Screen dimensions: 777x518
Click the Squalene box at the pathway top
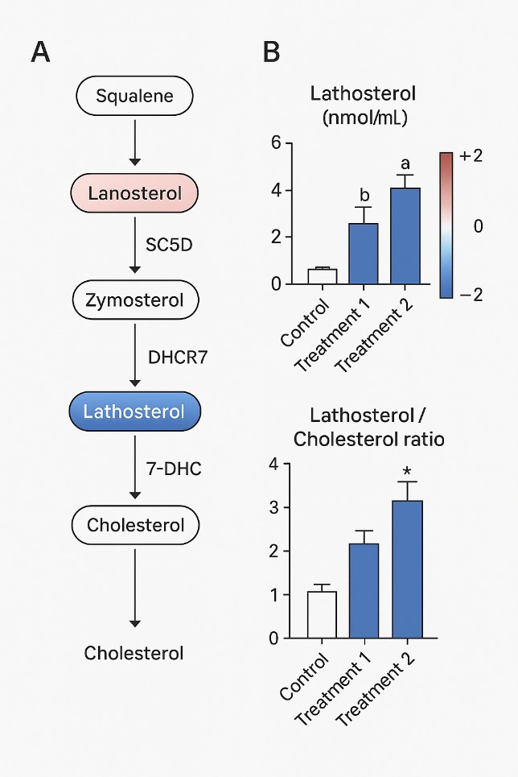134,97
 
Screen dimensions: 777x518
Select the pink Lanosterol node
134,193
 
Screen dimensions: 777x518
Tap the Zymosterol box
134,301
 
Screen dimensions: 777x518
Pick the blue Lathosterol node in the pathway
134,411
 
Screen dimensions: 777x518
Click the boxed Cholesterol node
134,525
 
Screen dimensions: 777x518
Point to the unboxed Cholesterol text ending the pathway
134,653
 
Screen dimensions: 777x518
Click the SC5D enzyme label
170,243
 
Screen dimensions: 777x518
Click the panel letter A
41,53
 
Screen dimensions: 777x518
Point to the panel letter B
271,53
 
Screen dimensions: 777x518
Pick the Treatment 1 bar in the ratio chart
363,591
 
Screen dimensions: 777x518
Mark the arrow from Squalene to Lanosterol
134,145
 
